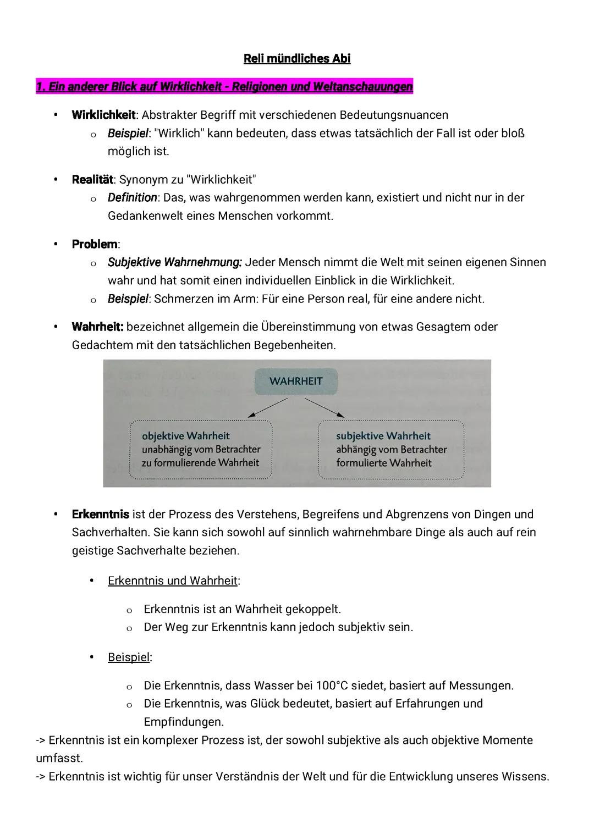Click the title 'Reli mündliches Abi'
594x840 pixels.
click(x=297, y=59)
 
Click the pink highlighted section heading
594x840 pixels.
click(x=224, y=87)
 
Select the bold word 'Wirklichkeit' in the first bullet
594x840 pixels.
click(x=103, y=115)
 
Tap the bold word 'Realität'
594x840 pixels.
click(x=92, y=180)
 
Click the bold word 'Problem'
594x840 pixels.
click(x=95, y=244)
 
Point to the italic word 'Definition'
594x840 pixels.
click(x=133, y=197)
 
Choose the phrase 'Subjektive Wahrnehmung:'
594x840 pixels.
click(x=175, y=262)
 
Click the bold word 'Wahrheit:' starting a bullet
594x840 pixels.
click(x=97, y=327)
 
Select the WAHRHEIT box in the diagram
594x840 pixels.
click(x=296, y=381)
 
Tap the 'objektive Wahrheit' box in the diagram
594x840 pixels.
click(x=201, y=450)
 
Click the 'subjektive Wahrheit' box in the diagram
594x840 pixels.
click(x=391, y=450)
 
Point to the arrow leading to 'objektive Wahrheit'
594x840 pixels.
click(x=267, y=408)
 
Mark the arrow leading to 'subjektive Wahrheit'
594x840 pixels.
click(x=324, y=408)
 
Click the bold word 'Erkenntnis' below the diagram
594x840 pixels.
click(x=101, y=515)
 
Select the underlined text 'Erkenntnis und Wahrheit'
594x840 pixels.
click(x=173, y=581)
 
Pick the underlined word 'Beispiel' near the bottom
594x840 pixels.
click(x=129, y=657)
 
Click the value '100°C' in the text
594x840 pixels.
click(x=332, y=686)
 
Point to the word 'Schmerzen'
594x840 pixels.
click(x=179, y=299)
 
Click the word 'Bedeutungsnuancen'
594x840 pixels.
click(x=394, y=115)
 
